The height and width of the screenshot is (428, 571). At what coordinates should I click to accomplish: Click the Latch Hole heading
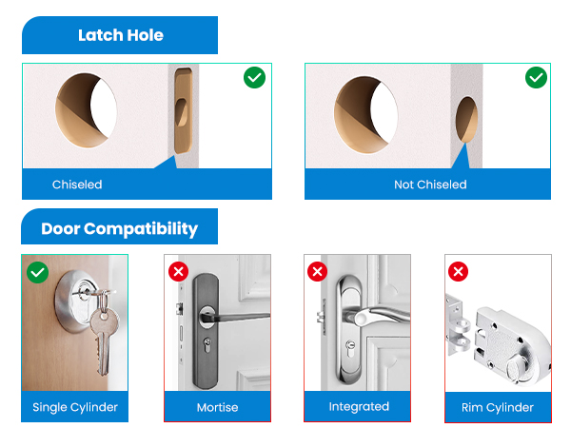coord(120,35)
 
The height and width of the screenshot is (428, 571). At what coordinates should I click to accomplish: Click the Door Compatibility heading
coord(119,229)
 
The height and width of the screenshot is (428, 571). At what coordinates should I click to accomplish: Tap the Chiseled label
coord(77,185)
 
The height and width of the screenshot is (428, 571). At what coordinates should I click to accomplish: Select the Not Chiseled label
coord(430,185)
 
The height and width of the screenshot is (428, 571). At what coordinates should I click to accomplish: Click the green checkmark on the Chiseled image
coord(254,78)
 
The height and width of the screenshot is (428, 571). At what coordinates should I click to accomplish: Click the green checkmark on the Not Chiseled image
coord(536,78)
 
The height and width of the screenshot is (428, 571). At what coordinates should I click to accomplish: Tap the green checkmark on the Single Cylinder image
coord(37,272)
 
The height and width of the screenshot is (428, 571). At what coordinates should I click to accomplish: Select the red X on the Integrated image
coord(318,272)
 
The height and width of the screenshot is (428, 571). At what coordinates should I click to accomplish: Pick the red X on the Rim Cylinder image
coord(459,272)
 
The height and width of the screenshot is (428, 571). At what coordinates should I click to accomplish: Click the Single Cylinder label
coord(75,407)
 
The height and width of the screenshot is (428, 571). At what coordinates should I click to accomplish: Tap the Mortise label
coord(217,407)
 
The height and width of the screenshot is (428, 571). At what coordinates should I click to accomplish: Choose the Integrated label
coord(358,406)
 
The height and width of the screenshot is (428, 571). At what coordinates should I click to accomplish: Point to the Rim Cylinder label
coord(499,407)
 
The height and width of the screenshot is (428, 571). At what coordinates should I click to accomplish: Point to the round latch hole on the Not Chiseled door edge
coord(467,120)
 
